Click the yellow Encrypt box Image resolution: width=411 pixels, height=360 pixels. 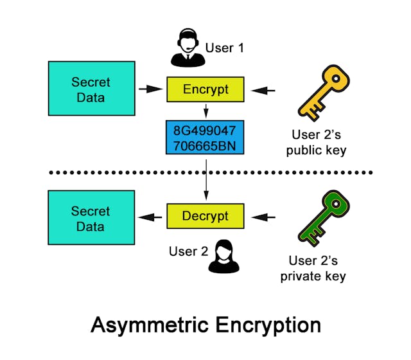click(x=205, y=89)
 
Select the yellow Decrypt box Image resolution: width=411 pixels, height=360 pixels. click(x=205, y=217)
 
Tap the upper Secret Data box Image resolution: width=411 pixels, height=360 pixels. click(x=91, y=89)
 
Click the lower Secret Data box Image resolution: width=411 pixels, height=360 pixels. click(x=91, y=217)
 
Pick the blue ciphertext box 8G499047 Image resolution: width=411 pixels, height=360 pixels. click(x=205, y=137)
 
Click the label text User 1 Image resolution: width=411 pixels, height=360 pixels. click(x=224, y=47)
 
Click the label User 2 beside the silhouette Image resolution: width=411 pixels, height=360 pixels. click(x=188, y=251)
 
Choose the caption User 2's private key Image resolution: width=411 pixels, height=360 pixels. click(x=317, y=269)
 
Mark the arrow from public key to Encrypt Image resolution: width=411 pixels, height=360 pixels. click(x=263, y=89)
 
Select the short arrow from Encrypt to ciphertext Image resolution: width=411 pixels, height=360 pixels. click(x=205, y=112)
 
